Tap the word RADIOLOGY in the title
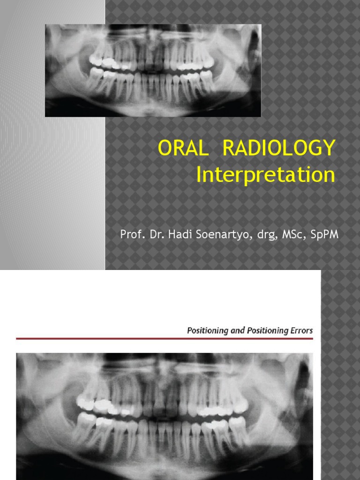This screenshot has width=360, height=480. (x=279, y=148)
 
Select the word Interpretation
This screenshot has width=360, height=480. (x=266, y=175)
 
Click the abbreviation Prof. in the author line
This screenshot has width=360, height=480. (x=131, y=234)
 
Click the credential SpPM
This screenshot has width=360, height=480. (x=323, y=235)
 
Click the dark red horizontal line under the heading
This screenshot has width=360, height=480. (x=164, y=338)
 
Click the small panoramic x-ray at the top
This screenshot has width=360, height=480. (x=153, y=70)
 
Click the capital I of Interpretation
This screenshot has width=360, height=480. (x=199, y=175)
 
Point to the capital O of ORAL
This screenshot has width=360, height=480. (x=165, y=148)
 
